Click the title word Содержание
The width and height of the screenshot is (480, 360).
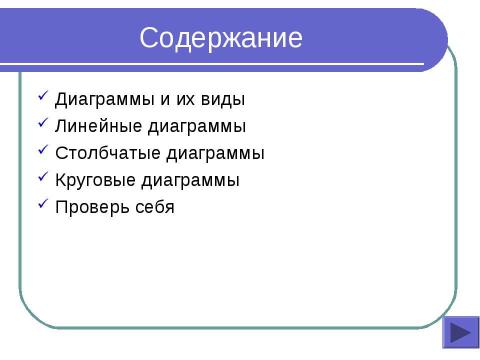point(221,39)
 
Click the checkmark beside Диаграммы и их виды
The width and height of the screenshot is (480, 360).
point(42,97)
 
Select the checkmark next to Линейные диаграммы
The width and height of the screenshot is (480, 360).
point(42,124)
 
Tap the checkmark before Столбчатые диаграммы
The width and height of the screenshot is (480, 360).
point(42,151)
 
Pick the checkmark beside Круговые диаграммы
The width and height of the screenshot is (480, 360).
point(42,178)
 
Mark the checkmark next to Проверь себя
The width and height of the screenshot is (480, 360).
point(42,205)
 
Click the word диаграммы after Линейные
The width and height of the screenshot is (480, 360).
point(196,127)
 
